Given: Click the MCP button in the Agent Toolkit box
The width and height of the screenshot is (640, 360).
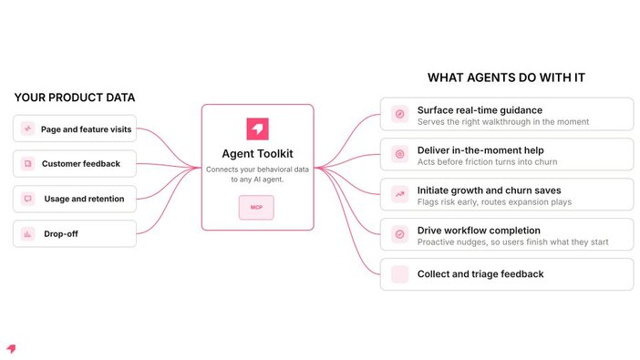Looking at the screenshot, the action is coord(256,208).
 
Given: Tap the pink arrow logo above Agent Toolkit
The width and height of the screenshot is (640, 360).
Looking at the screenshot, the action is coord(258,129).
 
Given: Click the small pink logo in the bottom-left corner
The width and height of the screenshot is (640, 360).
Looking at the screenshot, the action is coord(12,348).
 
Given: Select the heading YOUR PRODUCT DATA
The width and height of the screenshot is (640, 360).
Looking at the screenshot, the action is coord(75,98).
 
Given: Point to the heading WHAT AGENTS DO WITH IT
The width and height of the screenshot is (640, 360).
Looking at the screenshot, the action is coord(506,77).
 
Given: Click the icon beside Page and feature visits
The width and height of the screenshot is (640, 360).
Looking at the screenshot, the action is coord(27,129).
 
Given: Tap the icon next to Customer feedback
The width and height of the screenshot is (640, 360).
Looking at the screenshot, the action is coord(27,164).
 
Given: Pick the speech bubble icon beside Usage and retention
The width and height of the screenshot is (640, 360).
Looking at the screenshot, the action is coord(27,199).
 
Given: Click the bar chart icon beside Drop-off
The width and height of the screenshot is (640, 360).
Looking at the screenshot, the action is coord(27,234).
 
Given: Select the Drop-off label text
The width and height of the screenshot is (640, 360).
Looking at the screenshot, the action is coord(61,234).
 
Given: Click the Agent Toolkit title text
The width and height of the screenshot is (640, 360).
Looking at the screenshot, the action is coord(258,154).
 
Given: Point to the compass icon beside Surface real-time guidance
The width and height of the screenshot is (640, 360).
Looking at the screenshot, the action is coord(399,114).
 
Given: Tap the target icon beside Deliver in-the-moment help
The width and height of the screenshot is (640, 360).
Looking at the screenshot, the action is coord(399,154).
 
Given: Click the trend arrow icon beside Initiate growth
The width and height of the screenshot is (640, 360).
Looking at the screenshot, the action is coord(399,194).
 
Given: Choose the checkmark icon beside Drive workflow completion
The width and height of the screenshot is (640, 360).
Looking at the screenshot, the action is coord(399,234).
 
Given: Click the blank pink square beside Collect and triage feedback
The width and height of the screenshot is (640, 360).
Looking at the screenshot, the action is coord(399,274).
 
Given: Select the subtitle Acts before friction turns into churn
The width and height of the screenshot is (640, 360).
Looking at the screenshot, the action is coord(487,162).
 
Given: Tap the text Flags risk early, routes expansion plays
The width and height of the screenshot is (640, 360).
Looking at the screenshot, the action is coord(494,202).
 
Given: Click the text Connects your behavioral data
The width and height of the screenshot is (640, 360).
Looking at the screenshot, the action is coord(258,170).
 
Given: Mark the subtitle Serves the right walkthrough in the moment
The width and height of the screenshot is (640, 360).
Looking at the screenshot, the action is coord(503,121).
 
